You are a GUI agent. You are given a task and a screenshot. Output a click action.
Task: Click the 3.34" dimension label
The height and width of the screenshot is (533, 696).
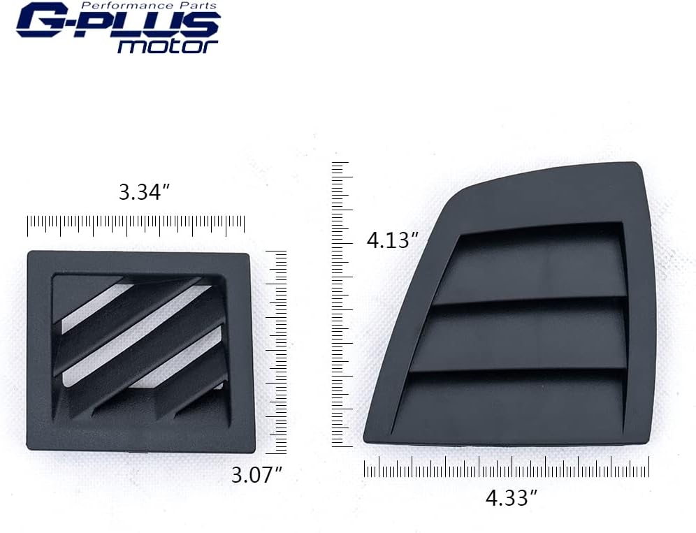click(x=144, y=193)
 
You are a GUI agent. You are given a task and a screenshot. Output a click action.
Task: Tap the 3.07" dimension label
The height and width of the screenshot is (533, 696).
click(x=256, y=475)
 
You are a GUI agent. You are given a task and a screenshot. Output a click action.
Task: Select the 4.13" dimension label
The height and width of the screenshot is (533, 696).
click(x=393, y=240)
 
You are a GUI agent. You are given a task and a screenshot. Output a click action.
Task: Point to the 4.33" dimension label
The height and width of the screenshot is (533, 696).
click(x=512, y=497)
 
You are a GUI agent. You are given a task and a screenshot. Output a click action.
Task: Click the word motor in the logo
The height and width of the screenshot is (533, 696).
click(x=167, y=45)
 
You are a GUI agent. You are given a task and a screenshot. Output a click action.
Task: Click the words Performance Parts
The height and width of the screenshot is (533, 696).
click(x=149, y=6)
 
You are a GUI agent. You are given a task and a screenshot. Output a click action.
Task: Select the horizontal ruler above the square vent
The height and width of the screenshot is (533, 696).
click(x=136, y=226)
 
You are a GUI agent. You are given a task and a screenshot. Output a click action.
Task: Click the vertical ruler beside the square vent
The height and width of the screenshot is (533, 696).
click(x=276, y=352)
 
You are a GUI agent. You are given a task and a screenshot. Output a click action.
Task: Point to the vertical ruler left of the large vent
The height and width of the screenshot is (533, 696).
click(x=342, y=305)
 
